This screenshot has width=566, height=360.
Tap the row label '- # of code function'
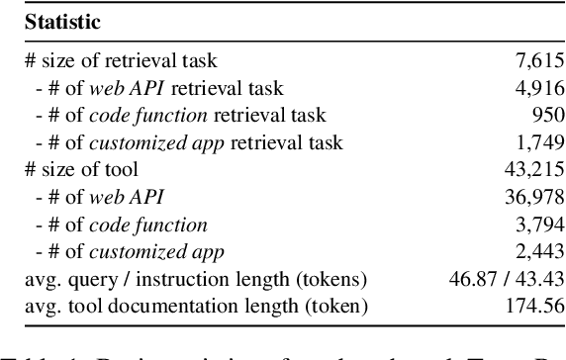111,225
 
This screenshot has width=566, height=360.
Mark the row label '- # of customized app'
119,252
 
